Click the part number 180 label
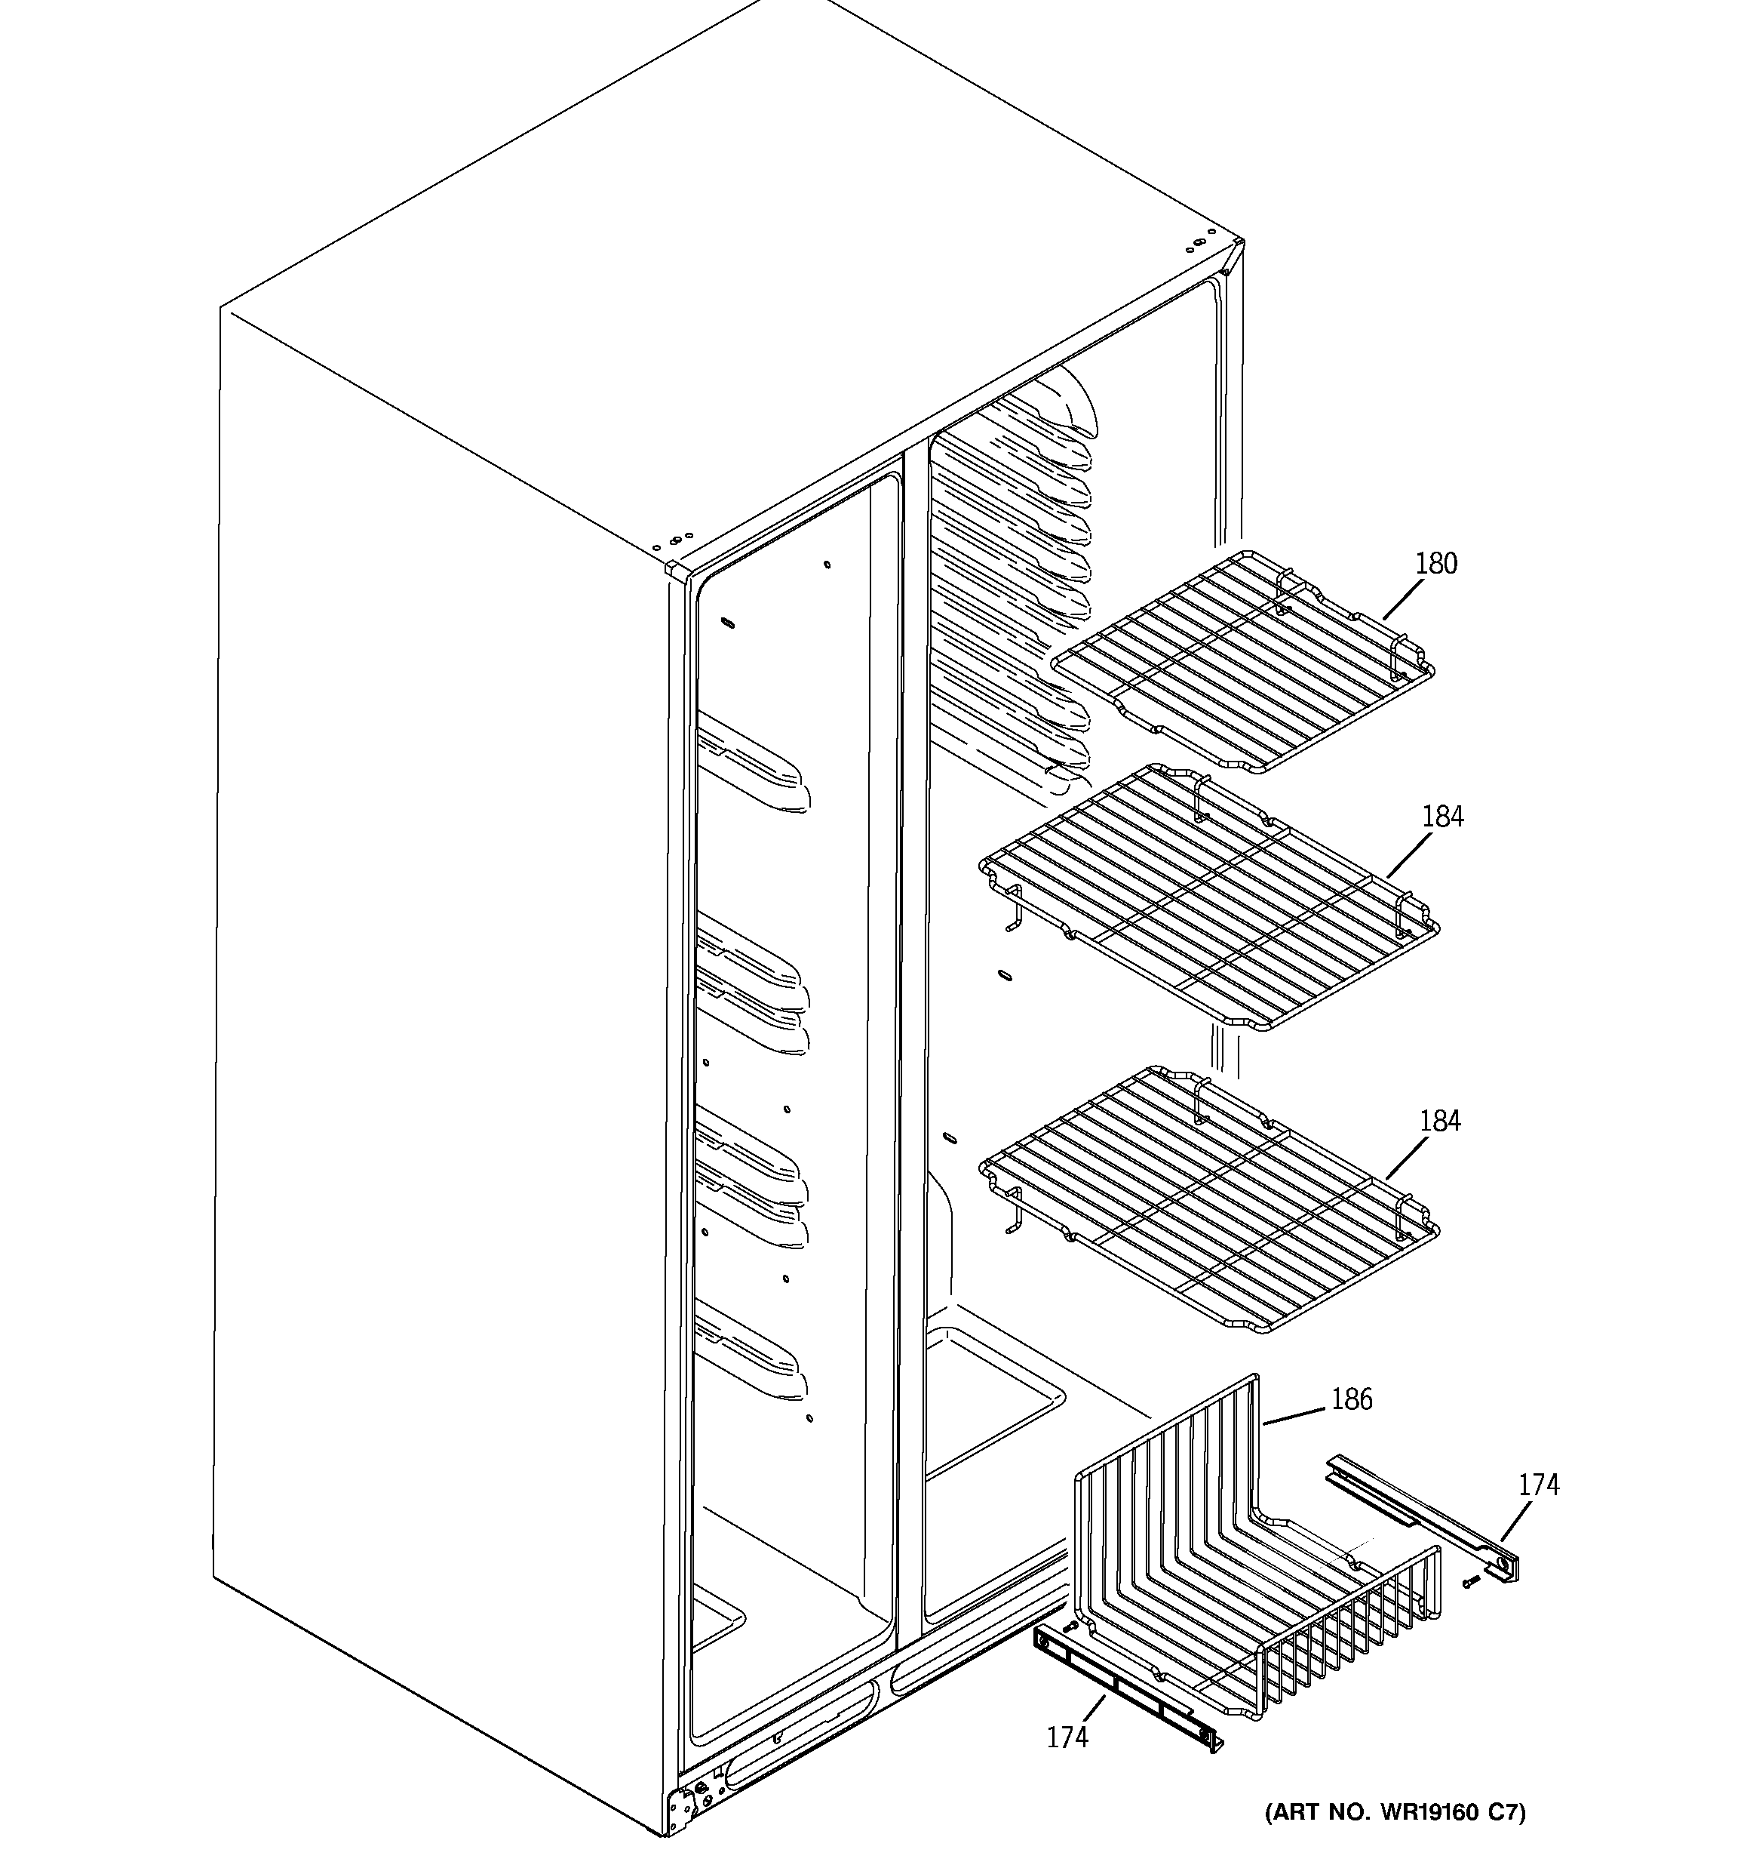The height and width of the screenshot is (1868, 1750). (x=1435, y=564)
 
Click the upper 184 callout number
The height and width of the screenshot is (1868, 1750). (x=1442, y=817)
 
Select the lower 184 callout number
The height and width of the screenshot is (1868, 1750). (x=1439, y=1121)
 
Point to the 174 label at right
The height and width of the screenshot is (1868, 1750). (x=1539, y=1485)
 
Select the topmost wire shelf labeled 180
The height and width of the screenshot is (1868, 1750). (x=1240, y=663)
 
